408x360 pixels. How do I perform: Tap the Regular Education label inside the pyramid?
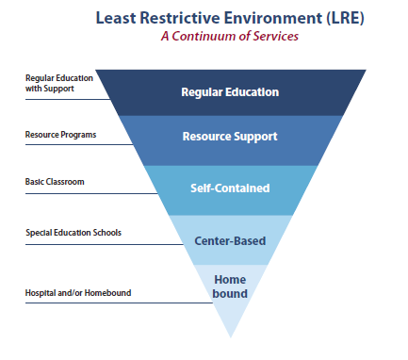(x=230, y=92)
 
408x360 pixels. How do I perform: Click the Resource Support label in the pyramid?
(x=230, y=136)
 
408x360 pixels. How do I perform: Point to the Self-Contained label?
(x=230, y=188)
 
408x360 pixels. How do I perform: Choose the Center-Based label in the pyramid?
(x=230, y=240)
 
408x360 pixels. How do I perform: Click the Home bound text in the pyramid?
(x=230, y=286)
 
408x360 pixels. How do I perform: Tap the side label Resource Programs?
(x=60, y=135)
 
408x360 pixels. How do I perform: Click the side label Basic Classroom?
(x=54, y=181)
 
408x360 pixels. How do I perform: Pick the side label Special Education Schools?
(x=73, y=232)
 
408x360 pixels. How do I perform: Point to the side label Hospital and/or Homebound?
(x=78, y=292)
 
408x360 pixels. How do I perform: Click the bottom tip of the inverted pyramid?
(x=230, y=335)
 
